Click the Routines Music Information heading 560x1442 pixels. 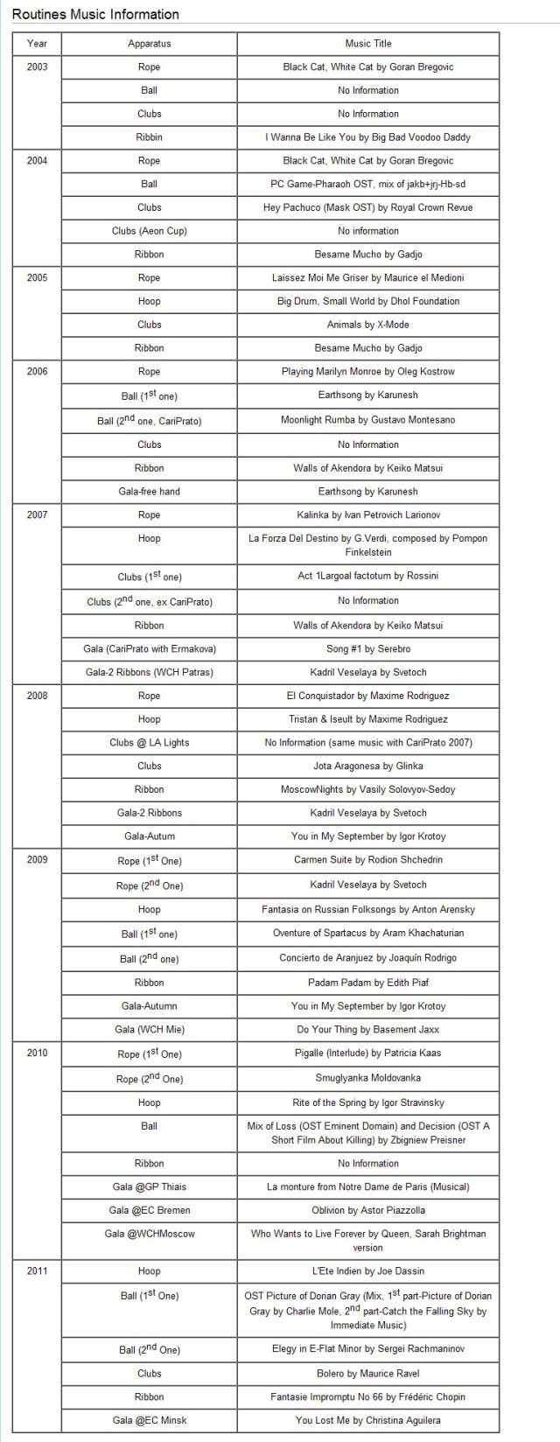[x=95, y=14]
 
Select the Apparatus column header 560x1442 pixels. [x=149, y=44]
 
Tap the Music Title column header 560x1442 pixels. [x=368, y=44]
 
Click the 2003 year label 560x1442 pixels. [x=38, y=67]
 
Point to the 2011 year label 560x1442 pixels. [x=38, y=1271]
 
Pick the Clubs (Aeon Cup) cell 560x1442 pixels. [x=149, y=231]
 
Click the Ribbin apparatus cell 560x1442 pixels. [x=149, y=137]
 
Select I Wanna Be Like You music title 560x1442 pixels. [x=368, y=137]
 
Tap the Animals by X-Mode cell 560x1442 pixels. [x=368, y=325]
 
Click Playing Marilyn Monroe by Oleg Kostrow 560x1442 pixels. [x=368, y=372]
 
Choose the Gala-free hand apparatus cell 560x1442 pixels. [x=149, y=492]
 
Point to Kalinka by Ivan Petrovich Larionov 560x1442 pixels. [x=368, y=515]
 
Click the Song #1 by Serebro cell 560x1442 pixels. [x=368, y=649]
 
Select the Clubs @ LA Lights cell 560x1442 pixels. [x=149, y=743]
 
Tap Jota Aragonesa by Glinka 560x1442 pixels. [x=368, y=766]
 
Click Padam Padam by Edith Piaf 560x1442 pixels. [x=368, y=983]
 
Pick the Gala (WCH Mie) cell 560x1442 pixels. [x=149, y=1030]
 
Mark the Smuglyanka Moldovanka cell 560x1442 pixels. [x=368, y=1079]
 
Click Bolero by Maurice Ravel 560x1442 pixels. [x=368, y=1374]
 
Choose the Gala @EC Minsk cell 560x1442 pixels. [x=149, y=1420]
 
